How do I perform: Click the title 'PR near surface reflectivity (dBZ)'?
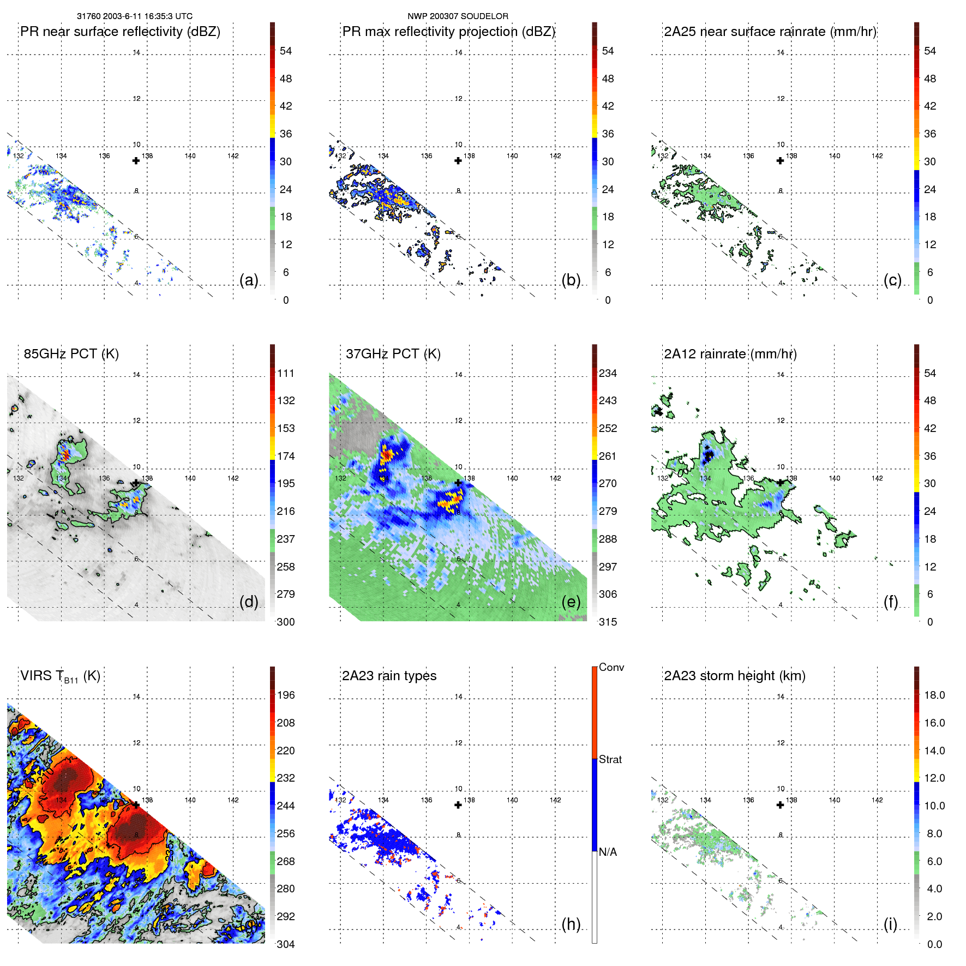point(120,32)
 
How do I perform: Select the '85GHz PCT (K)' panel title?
point(71,354)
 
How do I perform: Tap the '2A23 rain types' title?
point(389,676)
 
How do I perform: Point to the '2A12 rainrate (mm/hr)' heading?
point(730,354)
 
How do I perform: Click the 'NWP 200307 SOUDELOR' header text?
point(458,16)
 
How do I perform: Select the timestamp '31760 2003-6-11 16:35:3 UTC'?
point(135,16)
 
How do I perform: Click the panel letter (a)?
point(249,280)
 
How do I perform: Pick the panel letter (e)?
point(571,602)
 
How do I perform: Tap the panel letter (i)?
point(890,924)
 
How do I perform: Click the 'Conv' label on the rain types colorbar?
point(611,667)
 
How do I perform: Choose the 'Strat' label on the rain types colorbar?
point(610,759)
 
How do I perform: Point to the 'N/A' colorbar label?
point(608,852)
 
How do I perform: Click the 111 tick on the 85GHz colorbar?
point(286,373)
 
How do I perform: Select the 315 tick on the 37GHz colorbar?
point(608,622)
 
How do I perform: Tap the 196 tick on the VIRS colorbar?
point(286,695)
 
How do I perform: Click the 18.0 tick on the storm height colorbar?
point(934,695)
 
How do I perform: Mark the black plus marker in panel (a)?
point(136,160)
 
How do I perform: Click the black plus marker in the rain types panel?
point(458,805)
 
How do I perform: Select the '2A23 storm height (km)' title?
point(734,676)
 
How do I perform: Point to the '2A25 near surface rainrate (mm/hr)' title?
point(770,32)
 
